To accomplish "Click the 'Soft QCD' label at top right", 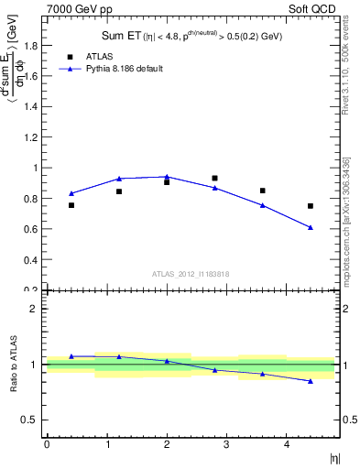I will (x=313, y=7).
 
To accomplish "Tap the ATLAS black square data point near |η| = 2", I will (x=167, y=182).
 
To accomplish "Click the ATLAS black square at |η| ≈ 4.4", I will (x=311, y=206).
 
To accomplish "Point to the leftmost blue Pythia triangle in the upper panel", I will (x=71, y=193).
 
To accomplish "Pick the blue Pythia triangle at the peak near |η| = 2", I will (x=167, y=177).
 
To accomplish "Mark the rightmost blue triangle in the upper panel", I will (x=311, y=227).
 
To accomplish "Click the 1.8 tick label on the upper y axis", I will (x=31, y=46).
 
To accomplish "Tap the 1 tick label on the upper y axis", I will (x=36, y=168).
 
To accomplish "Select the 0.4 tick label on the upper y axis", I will (x=31, y=260).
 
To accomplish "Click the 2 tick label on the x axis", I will (x=167, y=444).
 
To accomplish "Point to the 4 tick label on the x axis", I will (x=287, y=444).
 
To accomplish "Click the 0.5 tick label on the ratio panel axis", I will (x=31, y=420).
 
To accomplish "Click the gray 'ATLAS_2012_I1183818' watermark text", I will (x=191, y=274).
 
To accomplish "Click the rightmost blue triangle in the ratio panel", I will (x=311, y=380).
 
